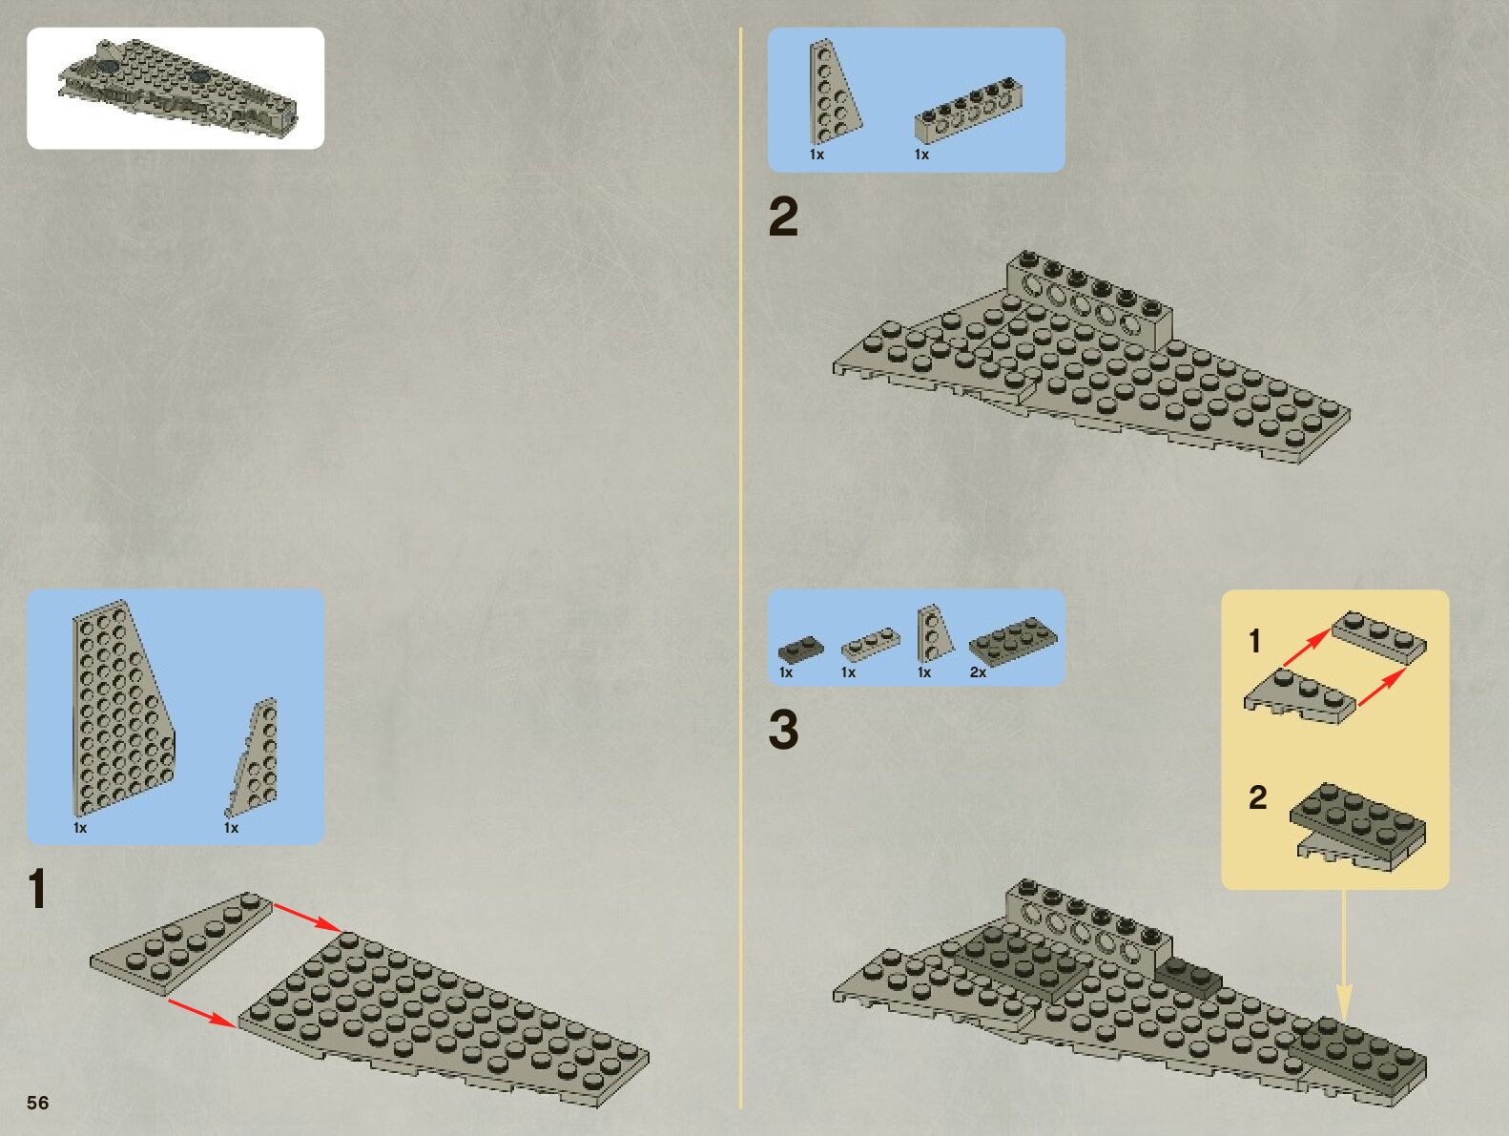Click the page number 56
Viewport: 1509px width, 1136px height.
(37, 1103)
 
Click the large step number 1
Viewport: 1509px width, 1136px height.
(36, 889)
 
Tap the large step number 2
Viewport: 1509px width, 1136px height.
(783, 217)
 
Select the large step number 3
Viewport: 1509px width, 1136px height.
(783, 730)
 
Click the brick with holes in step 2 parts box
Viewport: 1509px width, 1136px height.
(968, 110)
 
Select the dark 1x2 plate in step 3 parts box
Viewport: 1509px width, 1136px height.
(800, 650)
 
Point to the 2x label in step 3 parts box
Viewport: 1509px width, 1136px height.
(978, 672)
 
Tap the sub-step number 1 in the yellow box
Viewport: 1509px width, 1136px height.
(1255, 641)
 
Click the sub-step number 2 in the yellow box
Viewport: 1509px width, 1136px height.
(1257, 797)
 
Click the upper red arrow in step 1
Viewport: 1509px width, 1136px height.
(306, 917)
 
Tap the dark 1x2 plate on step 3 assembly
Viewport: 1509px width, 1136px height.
(1189, 978)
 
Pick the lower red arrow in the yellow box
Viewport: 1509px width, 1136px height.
(1381, 687)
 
